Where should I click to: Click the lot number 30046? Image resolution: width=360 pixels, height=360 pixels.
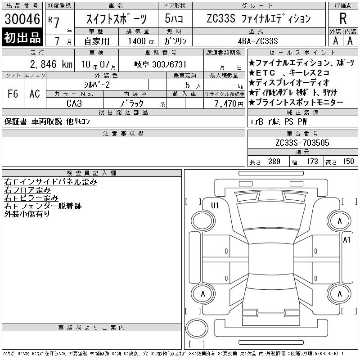point(22,19)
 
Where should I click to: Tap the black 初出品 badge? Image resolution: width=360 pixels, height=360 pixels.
point(22,37)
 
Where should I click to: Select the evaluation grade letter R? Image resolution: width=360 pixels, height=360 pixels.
point(343,18)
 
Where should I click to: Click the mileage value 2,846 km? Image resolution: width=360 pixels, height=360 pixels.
point(51,64)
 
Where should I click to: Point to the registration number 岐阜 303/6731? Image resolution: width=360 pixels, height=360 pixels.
point(160,64)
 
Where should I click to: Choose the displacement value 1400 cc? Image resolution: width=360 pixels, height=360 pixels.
point(141,41)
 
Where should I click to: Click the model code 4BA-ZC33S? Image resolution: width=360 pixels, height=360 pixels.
point(258,41)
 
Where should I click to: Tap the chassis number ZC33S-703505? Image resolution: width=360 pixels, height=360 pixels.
point(302,143)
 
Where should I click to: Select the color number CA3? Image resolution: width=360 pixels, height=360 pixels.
point(74,103)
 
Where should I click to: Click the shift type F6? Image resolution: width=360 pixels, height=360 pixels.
point(13,94)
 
